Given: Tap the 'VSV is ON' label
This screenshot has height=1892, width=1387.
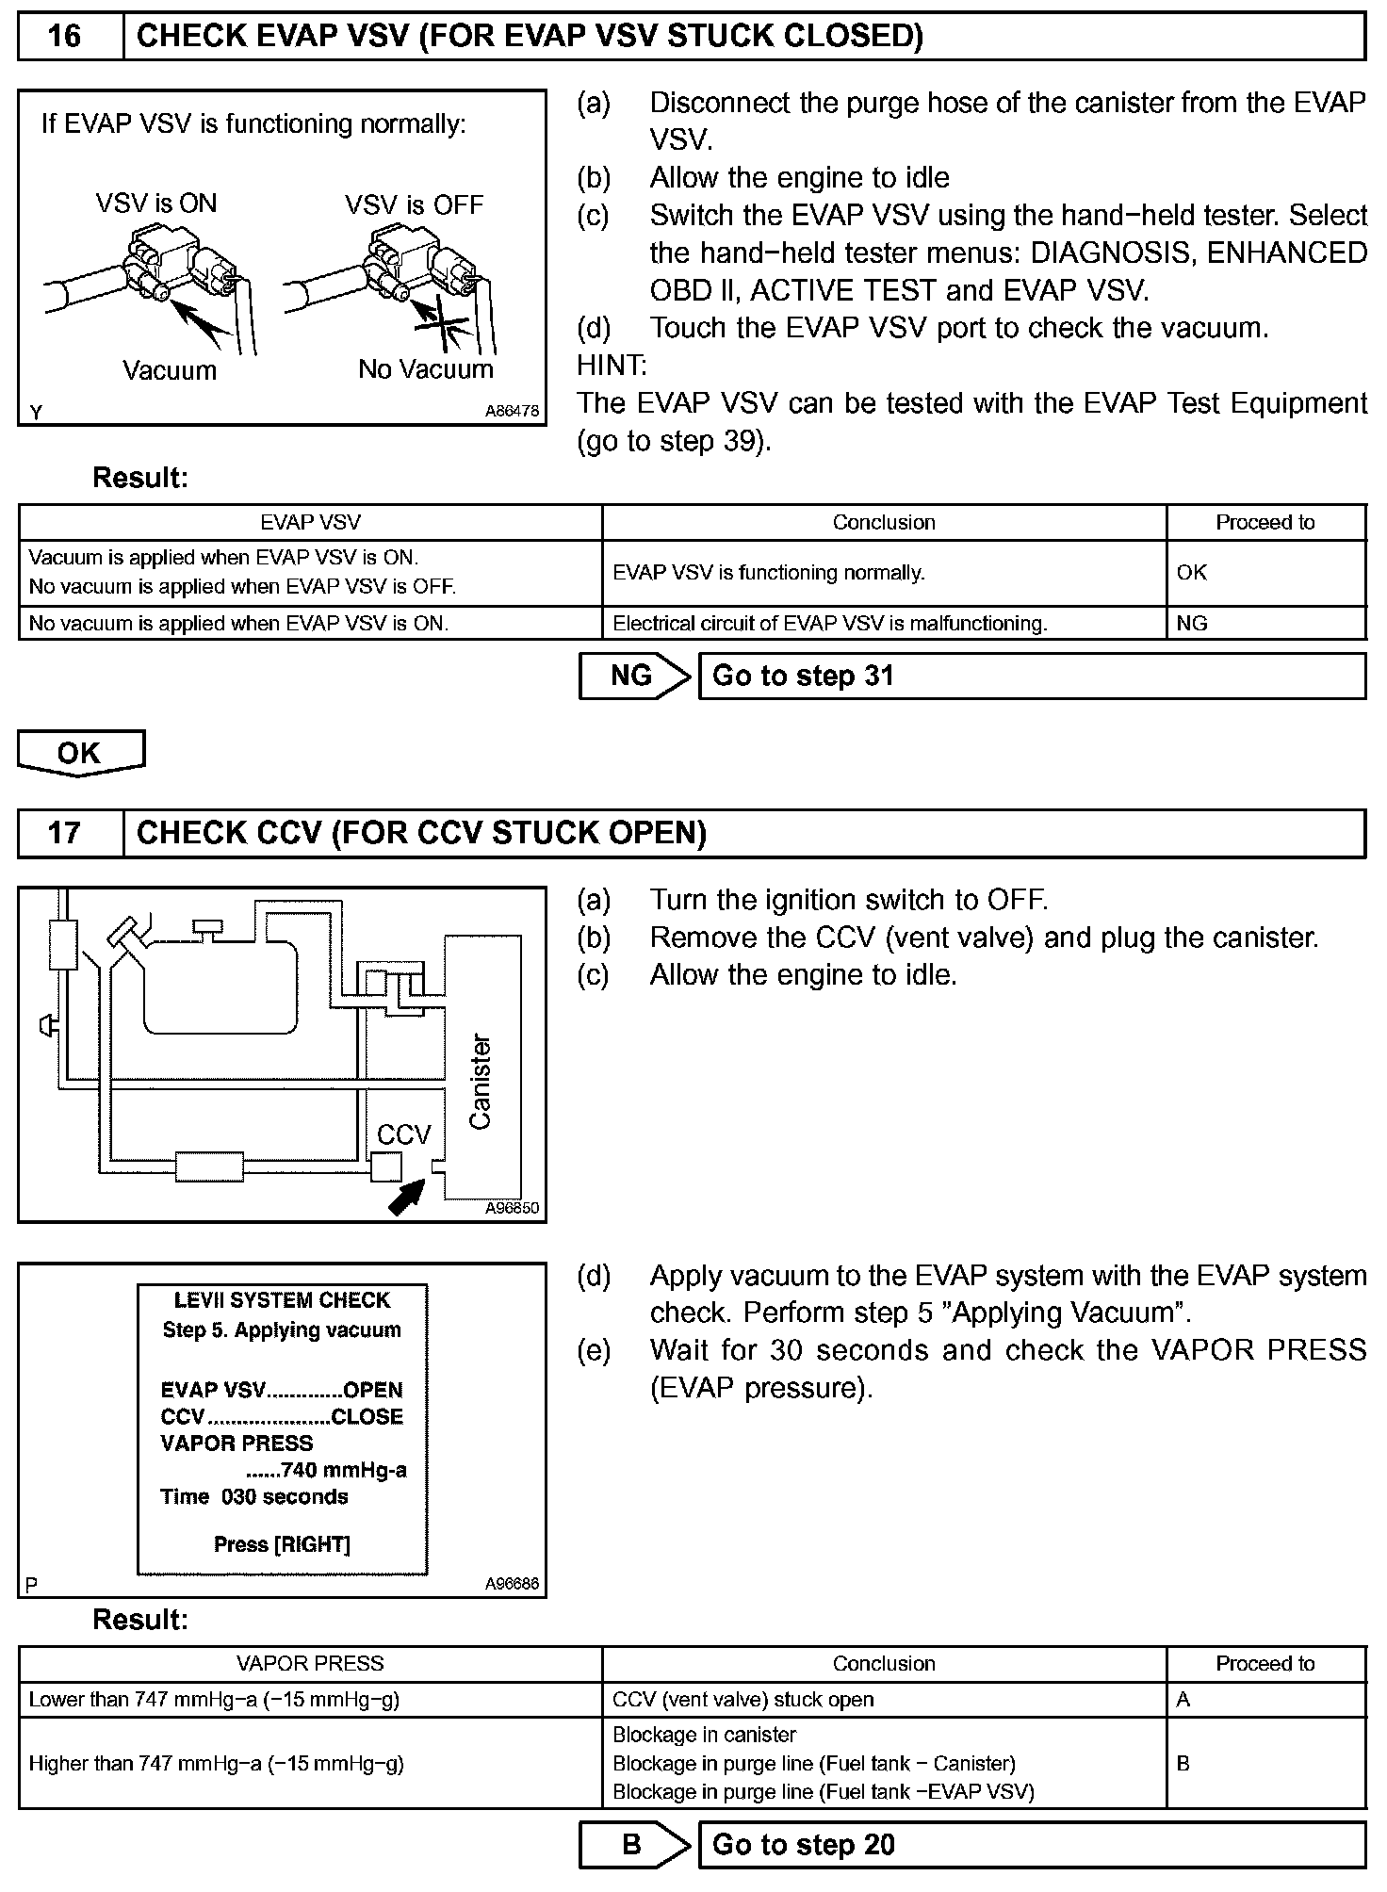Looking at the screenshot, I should click(x=156, y=204).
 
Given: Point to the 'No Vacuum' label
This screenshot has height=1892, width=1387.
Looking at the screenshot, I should click(x=426, y=369).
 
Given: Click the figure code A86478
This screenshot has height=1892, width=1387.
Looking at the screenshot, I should click(x=512, y=412).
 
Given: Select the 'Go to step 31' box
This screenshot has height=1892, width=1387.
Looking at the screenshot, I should click(x=1032, y=677).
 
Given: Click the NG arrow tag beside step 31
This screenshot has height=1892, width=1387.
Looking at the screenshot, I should click(x=634, y=677).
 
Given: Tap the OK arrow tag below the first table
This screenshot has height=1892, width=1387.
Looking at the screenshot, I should click(x=81, y=753).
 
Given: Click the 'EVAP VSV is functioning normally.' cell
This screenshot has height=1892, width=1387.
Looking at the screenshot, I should click(x=884, y=573).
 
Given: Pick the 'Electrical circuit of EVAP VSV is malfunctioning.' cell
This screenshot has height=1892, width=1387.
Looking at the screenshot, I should click(x=884, y=624).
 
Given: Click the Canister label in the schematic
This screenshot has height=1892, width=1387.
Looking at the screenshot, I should click(x=481, y=1081).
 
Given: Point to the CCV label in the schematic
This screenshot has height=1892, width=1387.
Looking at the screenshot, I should click(x=404, y=1134).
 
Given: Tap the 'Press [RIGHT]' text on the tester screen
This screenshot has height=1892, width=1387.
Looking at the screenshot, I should click(x=282, y=1544).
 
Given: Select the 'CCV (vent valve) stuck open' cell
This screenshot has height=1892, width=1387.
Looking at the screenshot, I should click(x=884, y=1700).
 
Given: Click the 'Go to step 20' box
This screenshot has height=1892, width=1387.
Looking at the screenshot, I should click(x=1032, y=1844).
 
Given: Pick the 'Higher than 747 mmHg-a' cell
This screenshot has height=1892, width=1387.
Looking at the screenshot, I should click(x=310, y=1763).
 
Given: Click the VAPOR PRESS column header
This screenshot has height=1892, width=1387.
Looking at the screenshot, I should click(x=310, y=1664).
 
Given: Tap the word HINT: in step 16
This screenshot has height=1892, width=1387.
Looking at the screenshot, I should click(x=612, y=366).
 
